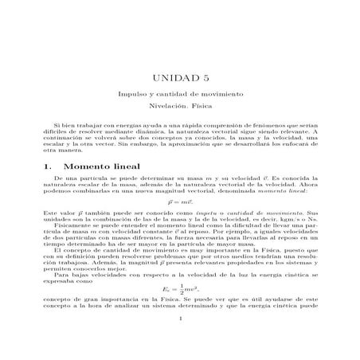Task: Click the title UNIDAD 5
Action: [x=179, y=77]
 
